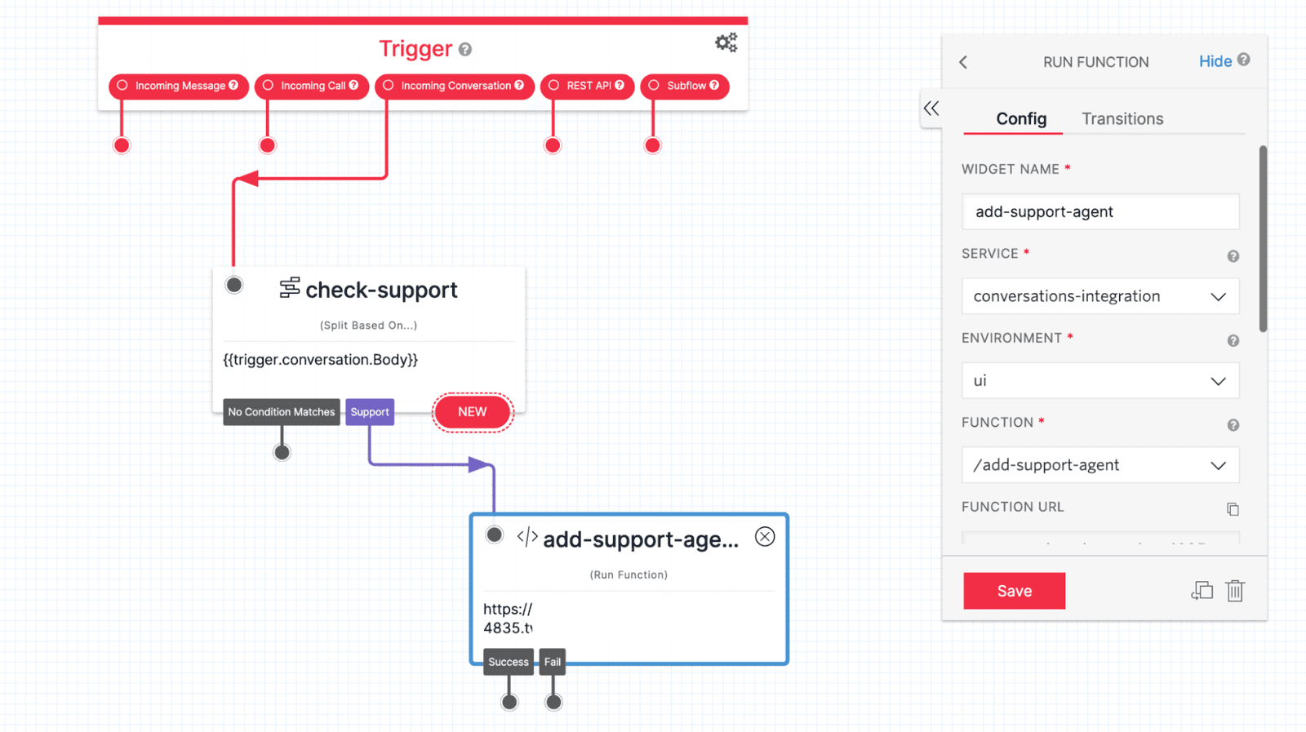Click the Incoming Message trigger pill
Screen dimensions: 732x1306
click(x=179, y=86)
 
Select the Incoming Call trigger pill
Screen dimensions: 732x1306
click(x=312, y=86)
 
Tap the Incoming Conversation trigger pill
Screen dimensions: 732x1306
click(x=455, y=86)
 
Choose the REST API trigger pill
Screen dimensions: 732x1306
click(x=587, y=86)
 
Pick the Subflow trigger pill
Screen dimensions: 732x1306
click(x=685, y=86)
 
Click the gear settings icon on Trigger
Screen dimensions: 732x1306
click(x=726, y=42)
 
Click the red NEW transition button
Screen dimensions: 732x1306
click(x=473, y=412)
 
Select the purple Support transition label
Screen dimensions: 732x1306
click(x=370, y=412)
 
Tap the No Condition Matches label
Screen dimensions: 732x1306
click(x=282, y=412)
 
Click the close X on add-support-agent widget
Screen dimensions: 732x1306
click(x=765, y=536)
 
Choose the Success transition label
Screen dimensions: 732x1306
click(x=509, y=662)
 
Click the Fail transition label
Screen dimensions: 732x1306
click(x=553, y=662)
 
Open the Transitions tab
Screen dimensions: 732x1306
click(x=1122, y=119)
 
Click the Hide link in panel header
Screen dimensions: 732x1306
click(x=1215, y=61)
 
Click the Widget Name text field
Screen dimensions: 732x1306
click(x=1100, y=212)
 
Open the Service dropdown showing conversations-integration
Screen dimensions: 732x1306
click(x=1100, y=296)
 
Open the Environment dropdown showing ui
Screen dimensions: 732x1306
click(x=1100, y=381)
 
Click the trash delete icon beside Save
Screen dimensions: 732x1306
click(x=1235, y=591)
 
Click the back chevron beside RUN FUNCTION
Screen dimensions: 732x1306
click(x=964, y=62)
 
